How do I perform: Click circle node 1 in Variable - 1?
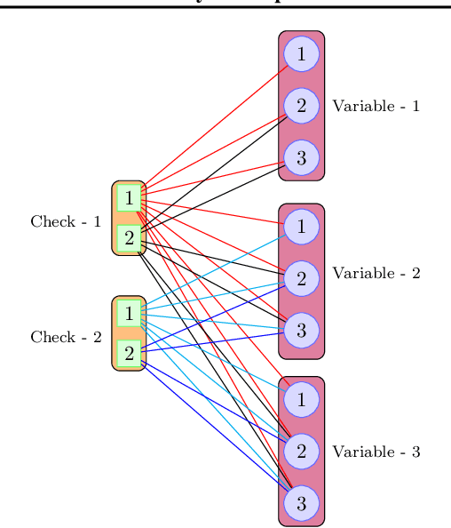(x=301, y=55)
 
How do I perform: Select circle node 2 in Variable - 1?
(x=301, y=107)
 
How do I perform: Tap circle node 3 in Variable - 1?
(x=301, y=158)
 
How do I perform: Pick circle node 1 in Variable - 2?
(x=301, y=227)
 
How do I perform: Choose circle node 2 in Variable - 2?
(x=301, y=279)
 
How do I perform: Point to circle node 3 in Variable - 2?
(x=301, y=331)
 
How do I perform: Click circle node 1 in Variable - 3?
(x=301, y=399)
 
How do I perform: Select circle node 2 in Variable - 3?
(x=301, y=452)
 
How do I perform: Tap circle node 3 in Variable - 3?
(x=301, y=503)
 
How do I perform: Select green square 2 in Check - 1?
(x=130, y=237)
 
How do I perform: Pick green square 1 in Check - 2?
(x=130, y=314)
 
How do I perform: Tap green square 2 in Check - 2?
(x=130, y=353)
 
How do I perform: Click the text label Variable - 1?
(x=376, y=107)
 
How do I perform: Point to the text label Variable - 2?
(x=376, y=274)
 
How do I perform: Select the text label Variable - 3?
(x=376, y=452)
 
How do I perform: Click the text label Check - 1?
(x=66, y=221)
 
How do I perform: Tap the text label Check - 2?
(x=66, y=337)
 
